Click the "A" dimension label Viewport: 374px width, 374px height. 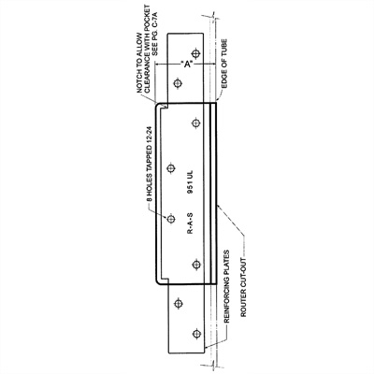187,65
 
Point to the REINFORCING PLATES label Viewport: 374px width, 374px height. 226,286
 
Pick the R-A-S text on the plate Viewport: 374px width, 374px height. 190,223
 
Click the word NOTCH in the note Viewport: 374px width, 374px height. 139,80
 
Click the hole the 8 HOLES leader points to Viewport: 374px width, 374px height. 170,220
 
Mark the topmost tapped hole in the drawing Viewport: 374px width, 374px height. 195,54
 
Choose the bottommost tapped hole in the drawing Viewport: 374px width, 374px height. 195,334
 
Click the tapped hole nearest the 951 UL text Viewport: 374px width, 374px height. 170,168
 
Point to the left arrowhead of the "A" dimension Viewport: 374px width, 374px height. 157,65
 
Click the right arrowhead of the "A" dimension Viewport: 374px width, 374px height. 214,65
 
